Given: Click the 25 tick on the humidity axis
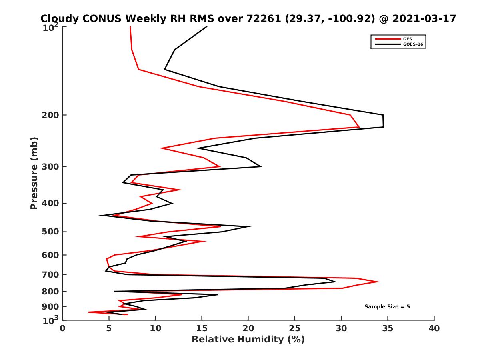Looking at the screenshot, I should click(x=295, y=328).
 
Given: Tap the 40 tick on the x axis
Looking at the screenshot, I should click(x=434, y=328).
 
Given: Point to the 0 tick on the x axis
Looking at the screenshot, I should click(x=63, y=328).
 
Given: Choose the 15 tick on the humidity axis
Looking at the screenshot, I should click(x=202, y=328).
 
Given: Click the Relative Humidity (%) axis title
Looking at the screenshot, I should click(x=248, y=340).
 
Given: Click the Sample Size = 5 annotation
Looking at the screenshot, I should click(x=387, y=307).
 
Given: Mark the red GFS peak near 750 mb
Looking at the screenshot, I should click(x=378, y=282).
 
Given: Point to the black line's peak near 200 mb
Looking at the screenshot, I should click(x=383, y=121).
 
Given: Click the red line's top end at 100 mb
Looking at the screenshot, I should click(x=130, y=27).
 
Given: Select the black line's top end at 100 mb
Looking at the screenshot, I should click(x=206, y=27).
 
